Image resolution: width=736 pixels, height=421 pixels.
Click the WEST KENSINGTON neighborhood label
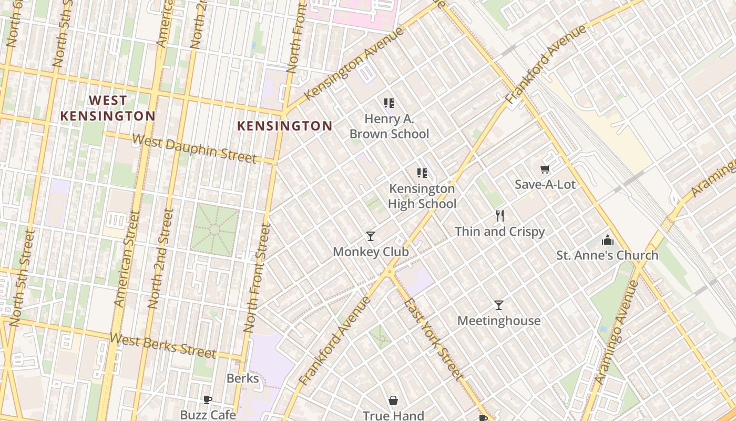(x=107, y=108)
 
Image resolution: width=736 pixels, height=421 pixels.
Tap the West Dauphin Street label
(x=194, y=149)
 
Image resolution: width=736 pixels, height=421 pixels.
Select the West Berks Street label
(x=163, y=345)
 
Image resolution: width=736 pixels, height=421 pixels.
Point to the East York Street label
(x=433, y=339)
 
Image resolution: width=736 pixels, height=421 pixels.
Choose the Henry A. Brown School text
(x=389, y=126)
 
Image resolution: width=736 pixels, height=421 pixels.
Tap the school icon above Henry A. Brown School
(x=389, y=103)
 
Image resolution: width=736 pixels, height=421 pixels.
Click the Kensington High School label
(x=422, y=196)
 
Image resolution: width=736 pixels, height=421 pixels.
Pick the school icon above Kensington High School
(x=422, y=173)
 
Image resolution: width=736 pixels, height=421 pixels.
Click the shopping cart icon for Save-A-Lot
(x=545, y=169)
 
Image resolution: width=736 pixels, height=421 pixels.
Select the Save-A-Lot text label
(x=545, y=185)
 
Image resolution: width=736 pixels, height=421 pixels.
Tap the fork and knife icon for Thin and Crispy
(x=500, y=215)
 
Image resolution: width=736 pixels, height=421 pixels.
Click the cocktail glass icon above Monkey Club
(x=371, y=236)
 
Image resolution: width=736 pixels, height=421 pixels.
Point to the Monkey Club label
(x=371, y=252)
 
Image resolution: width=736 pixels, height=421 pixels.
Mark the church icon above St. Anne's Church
(x=608, y=240)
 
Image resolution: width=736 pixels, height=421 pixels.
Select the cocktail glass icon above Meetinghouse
(x=499, y=305)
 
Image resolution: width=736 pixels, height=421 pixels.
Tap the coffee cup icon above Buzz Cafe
(x=208, y=399)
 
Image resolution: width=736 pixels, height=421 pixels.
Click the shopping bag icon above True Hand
(x=393, y=401)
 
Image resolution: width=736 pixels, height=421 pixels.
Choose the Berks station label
(x=242, y=378)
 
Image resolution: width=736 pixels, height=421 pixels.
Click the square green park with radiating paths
(x=214, y=230)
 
